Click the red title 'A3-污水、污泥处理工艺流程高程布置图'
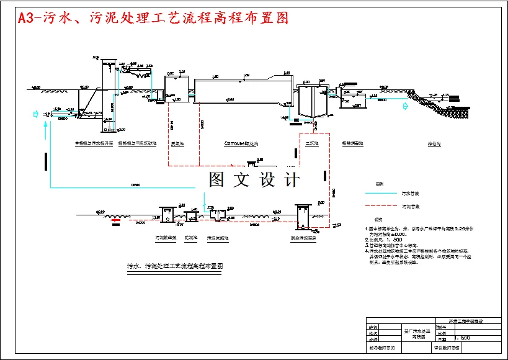point(153,18)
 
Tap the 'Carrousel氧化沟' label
point(241,143)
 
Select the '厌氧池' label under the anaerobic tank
point(176,143)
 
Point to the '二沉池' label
point(311,143)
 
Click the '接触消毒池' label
point(353,143)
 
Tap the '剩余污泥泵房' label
point(304,238)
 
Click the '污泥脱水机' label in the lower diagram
point(166,238)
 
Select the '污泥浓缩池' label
point(217,238)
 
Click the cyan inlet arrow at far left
point(35,114)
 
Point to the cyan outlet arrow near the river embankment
point(406,106)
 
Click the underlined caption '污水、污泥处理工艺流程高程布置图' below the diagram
point(174,266)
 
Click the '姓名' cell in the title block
point(373,333)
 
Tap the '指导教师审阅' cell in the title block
point(386,349)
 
